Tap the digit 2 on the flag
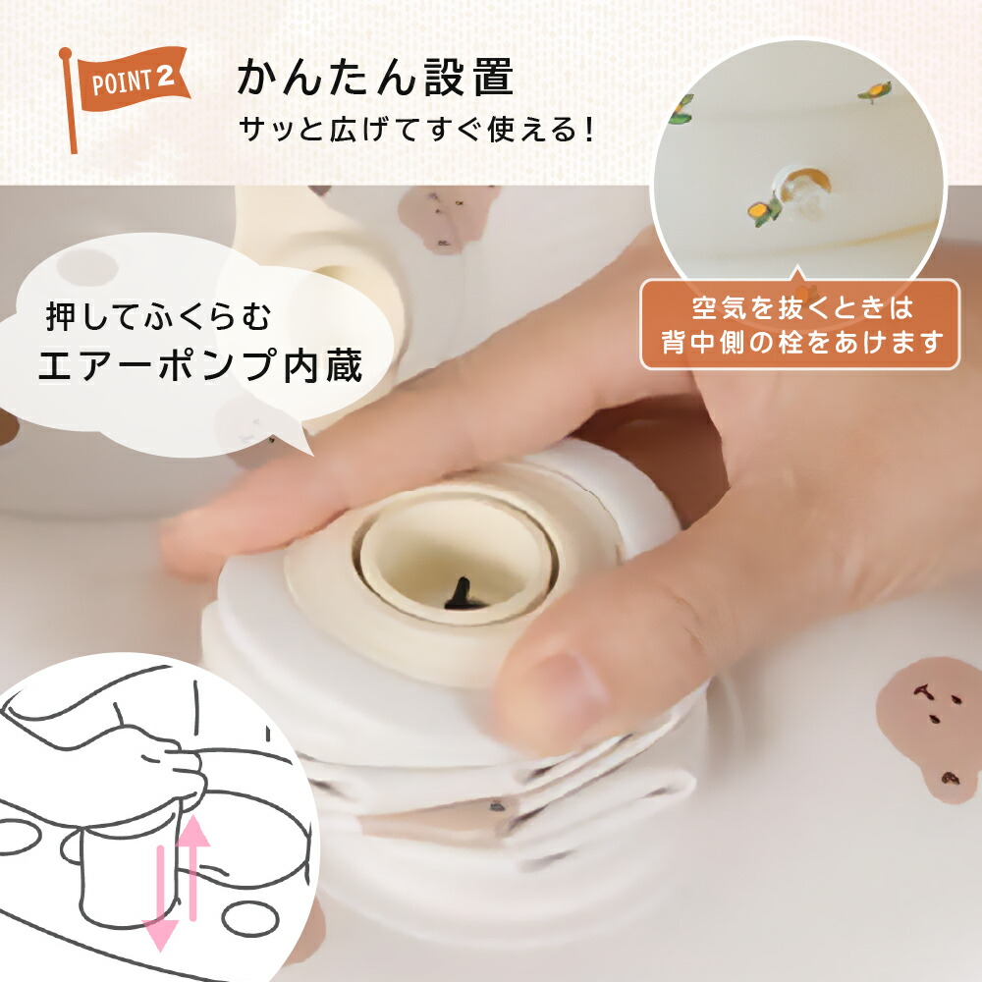click(165, 77)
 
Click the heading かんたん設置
click(375, 77)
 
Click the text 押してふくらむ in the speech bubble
click(159, 316)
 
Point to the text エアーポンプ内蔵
click(201, 365)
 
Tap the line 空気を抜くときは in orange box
click(802, 308)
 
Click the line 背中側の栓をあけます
click(802, 342)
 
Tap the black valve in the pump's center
click(463, 594)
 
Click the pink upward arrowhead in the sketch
click(193, 831)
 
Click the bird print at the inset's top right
click(876, 91)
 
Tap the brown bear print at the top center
click(449, 216)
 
